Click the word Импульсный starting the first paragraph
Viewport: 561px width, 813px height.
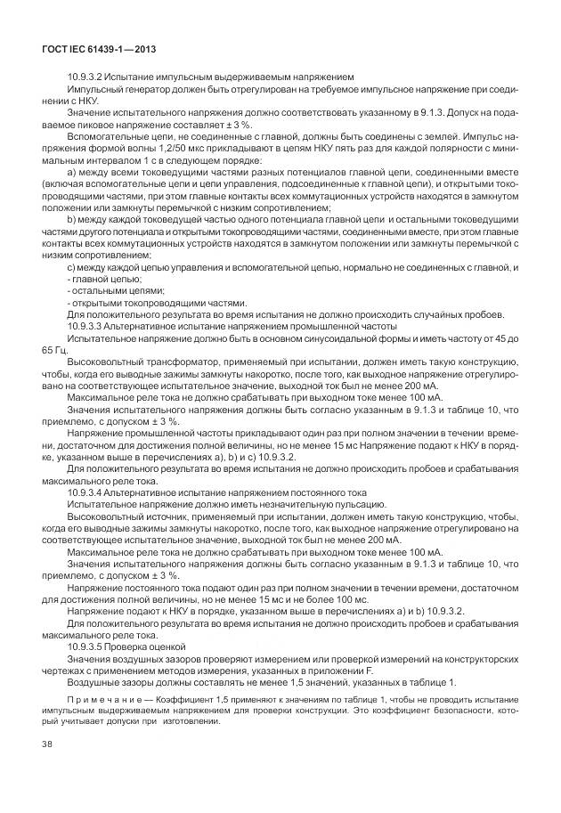(x=96, y=90)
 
